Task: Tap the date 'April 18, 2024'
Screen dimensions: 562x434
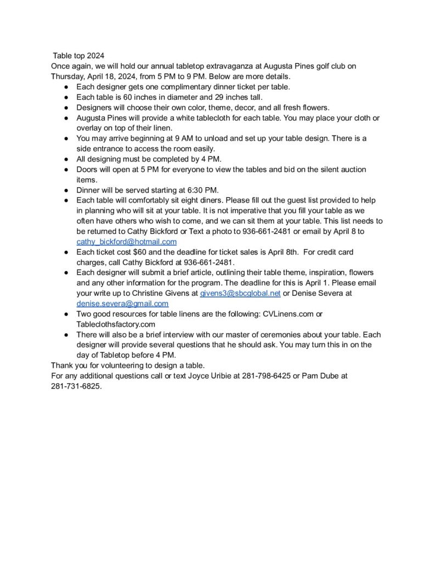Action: coord(115,76)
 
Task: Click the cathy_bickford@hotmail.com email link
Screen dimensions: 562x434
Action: coord(126,242)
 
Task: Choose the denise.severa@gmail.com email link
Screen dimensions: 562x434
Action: coord(122,304)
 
